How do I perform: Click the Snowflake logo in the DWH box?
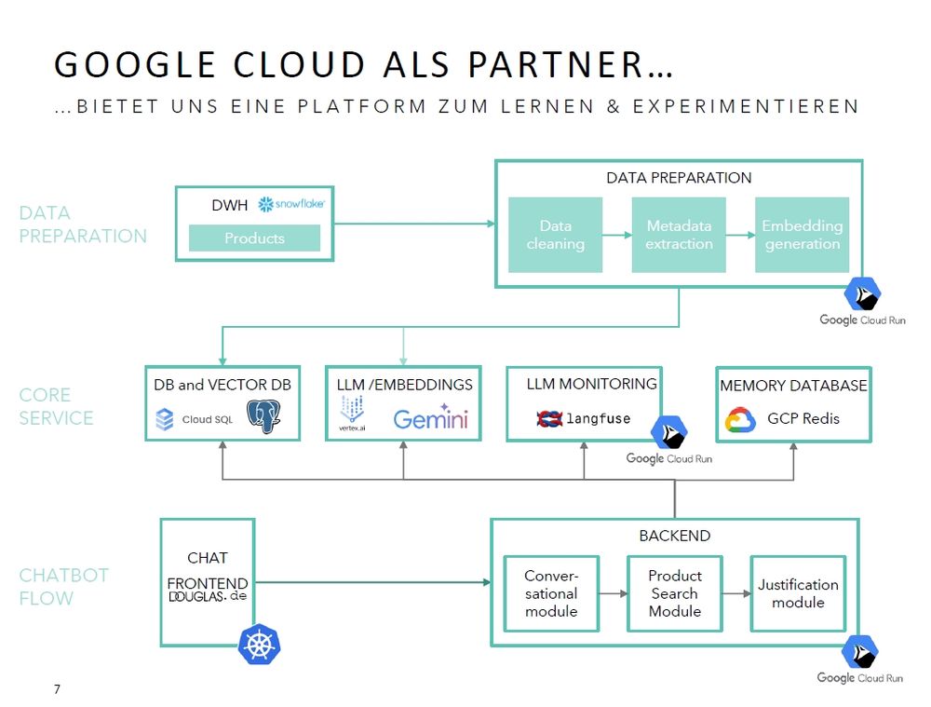pyautogui.click(x=290, y=204)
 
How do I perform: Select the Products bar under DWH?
pyautogui.click(x=254, y=238)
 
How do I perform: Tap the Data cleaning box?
pyautogui.click(x=556, y=235)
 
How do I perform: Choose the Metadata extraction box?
pyautogui.click(x=679, y=235)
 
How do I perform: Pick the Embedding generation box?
pyautogui.click(x=802, y=235)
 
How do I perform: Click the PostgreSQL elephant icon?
pyautogui.click(x=264, y=416)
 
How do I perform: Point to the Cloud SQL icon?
pyautogui.click(x=165, y=419)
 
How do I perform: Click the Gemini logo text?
pyautogui.click(x=430, y=418)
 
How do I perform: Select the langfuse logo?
pyautogui.click(x=583, y=419)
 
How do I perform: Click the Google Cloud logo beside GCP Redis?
pyautogui.click(x=740, y=419)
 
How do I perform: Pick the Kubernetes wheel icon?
pyautogui.click(x=260, y=645)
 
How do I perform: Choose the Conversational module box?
pyautogui.click(x=551, y=593)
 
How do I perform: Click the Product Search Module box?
pyautogui.click(x=675, y=593)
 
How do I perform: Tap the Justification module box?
pyautogui.click(x=798, y=593)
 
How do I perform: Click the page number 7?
pyautogui.click(x=58, y=689)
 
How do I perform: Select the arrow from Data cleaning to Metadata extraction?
pyautogui.click(x=616, y=236)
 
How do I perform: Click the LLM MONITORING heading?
pyautogui.click(x=591, y=384)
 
